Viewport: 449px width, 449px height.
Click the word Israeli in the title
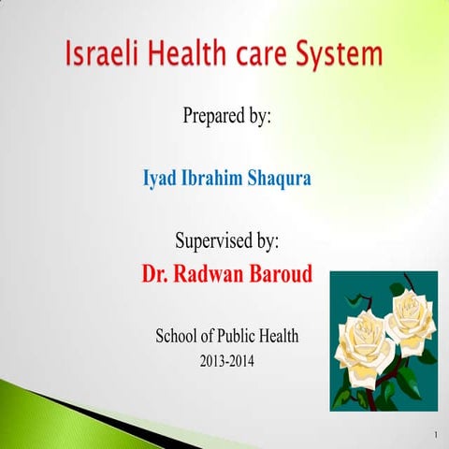102,55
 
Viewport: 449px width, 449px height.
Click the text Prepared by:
227,119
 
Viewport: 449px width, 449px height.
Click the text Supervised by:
227,240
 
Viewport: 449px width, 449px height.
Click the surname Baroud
286,276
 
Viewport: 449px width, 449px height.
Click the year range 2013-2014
227,361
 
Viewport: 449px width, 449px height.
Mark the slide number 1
436,436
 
